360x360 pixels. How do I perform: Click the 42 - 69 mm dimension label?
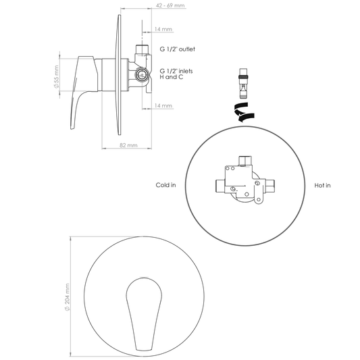[x=170, y=5]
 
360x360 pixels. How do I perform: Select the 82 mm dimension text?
[x=128, y=145]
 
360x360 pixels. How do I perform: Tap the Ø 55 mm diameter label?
[x=56, y=77]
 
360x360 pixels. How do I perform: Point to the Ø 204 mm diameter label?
[x=67, y=297]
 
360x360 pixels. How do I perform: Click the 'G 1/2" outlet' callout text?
[x=177, y=49]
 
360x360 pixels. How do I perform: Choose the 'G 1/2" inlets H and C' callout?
[x=176, y=74]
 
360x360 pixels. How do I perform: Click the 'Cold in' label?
[x=165, y=185]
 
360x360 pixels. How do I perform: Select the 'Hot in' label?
[x=322, y=185]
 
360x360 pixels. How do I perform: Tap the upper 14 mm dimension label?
[x=163, y=29]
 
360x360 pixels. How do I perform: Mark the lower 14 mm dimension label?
[x=163, y=105]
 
